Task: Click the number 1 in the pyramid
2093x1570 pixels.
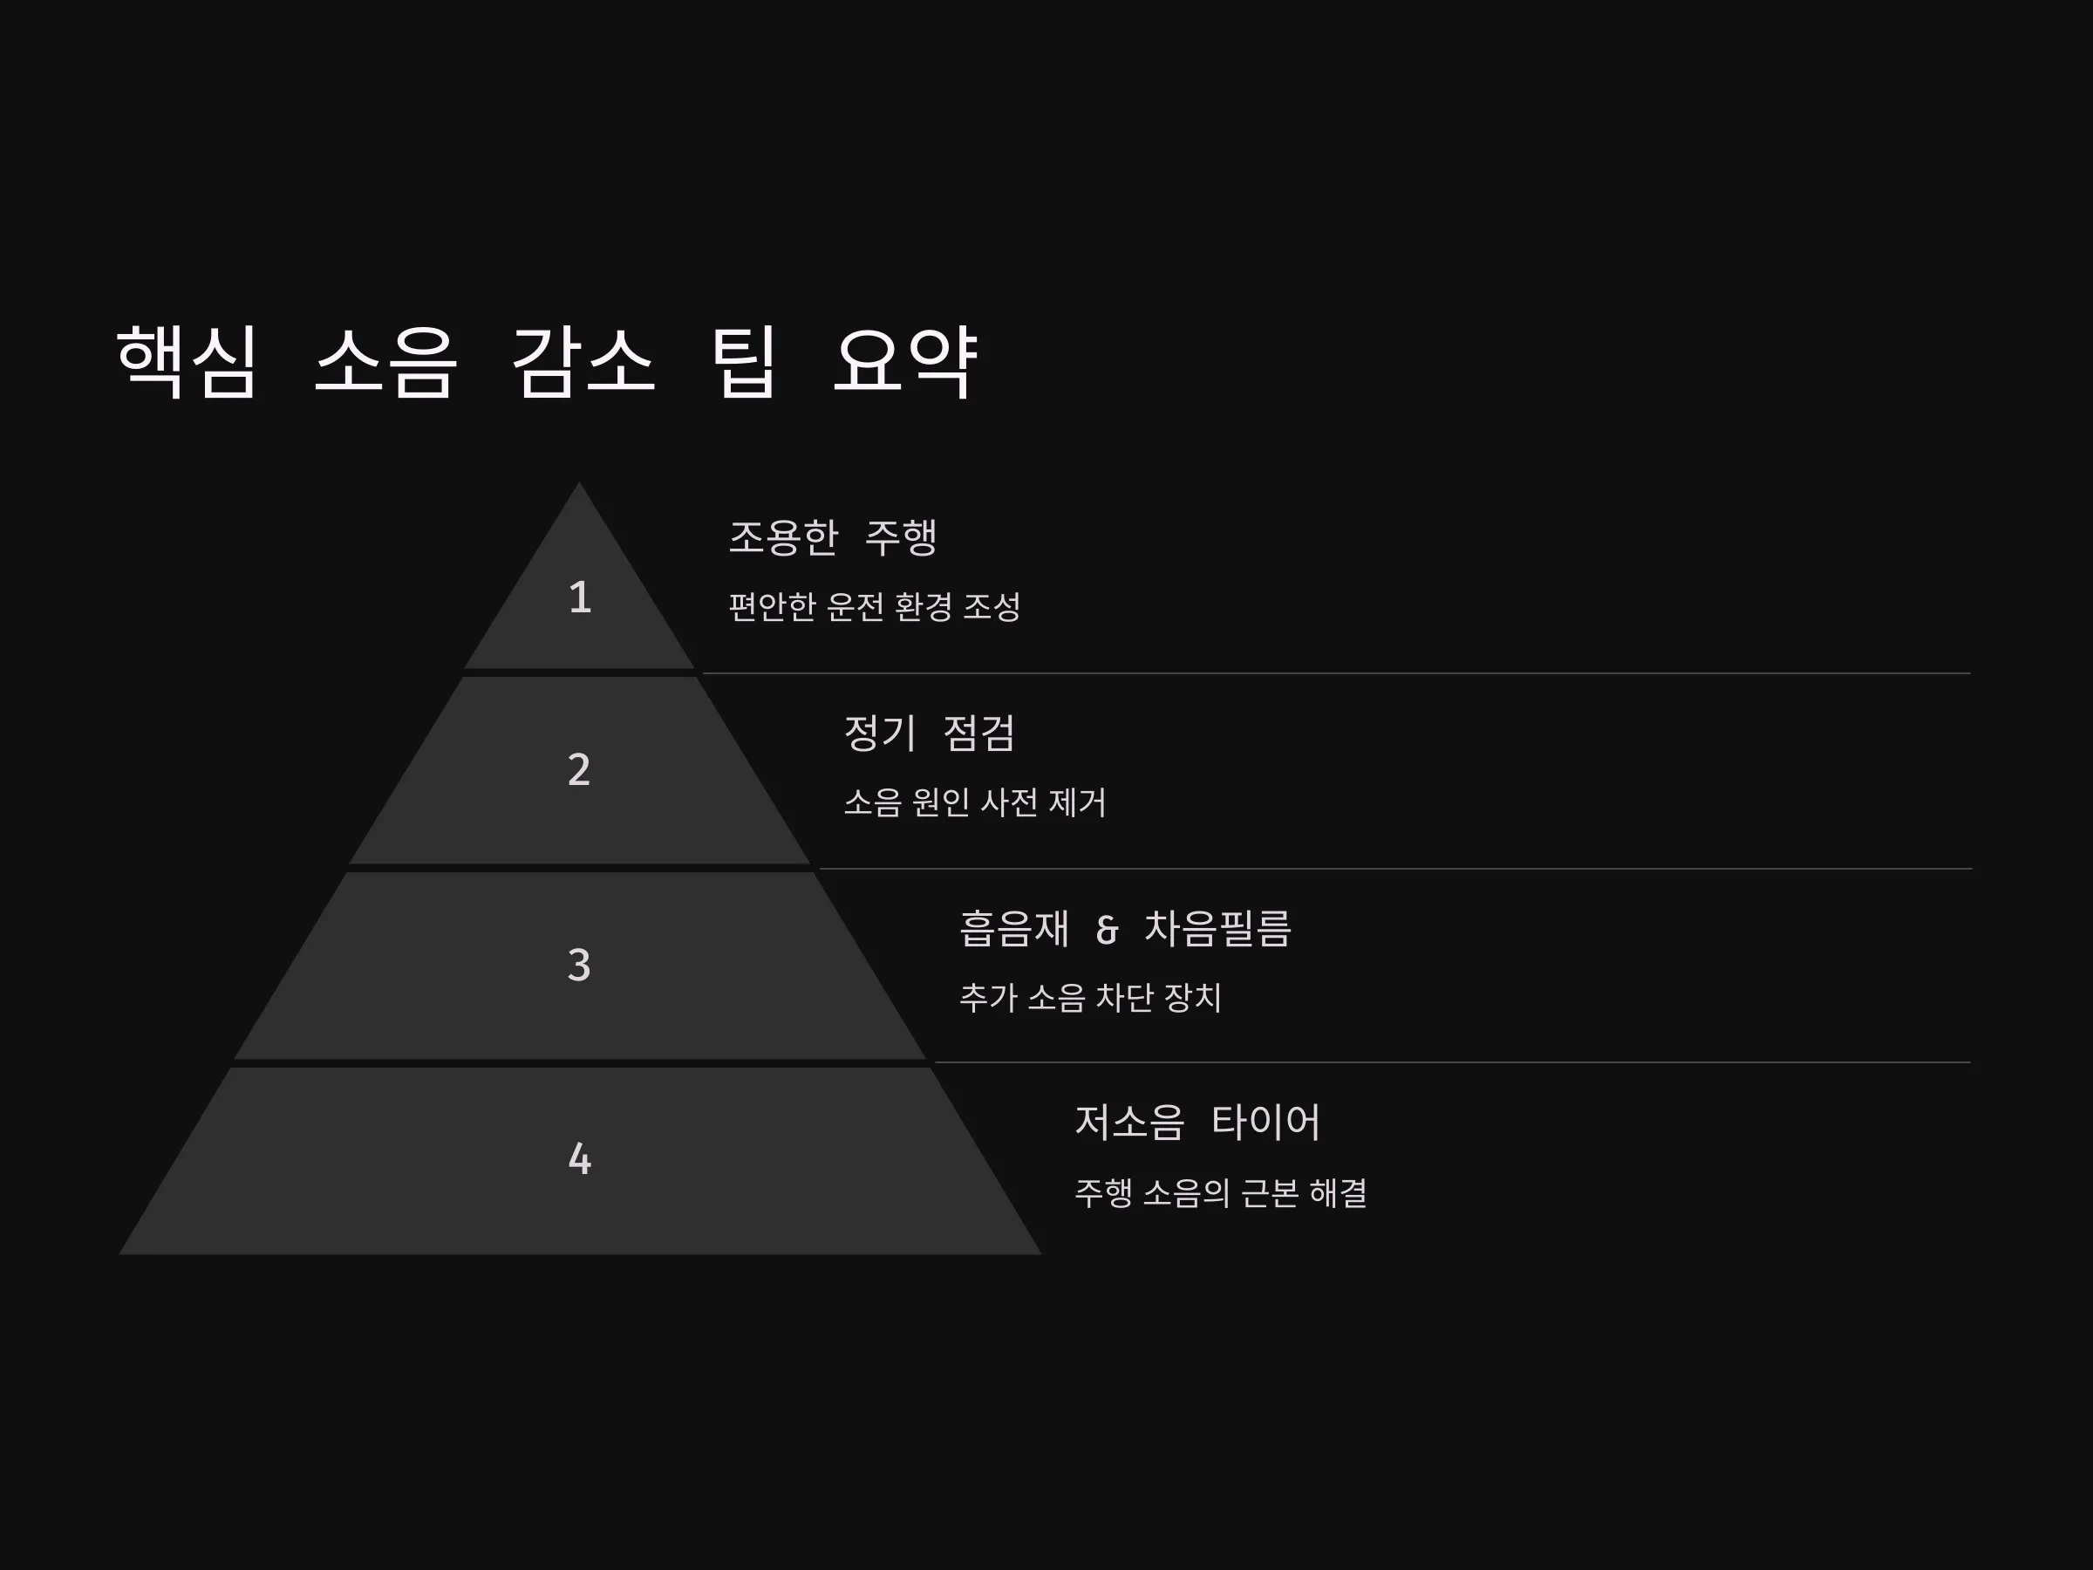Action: [x=580, y=597]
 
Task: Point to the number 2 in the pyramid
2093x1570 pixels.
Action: [x=579, y=769]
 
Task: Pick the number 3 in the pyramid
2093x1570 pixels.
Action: [x=579, y=966]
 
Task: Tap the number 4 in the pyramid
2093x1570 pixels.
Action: [x=580, y=1159]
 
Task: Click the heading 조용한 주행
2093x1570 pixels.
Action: [x=833, y=537]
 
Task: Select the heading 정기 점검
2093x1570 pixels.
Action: [x=929, y=733]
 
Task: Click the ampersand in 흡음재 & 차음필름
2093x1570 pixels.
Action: [x=1107, y=929]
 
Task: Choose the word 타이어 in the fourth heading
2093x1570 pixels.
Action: [x=1266, y=1123]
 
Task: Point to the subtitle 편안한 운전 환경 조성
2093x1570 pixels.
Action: [x=875, y=606]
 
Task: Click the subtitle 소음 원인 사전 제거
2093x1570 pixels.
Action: [x=975, y=802]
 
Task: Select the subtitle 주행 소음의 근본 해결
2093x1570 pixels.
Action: [x=1221, y=1192]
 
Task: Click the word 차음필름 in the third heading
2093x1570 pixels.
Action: [x=1217, y=928]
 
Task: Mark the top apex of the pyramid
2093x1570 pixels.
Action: [x=579, y=481]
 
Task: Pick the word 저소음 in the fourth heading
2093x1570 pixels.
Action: [x=1128, y=1123]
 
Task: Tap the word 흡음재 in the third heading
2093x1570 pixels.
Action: [x=1013, y=928]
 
